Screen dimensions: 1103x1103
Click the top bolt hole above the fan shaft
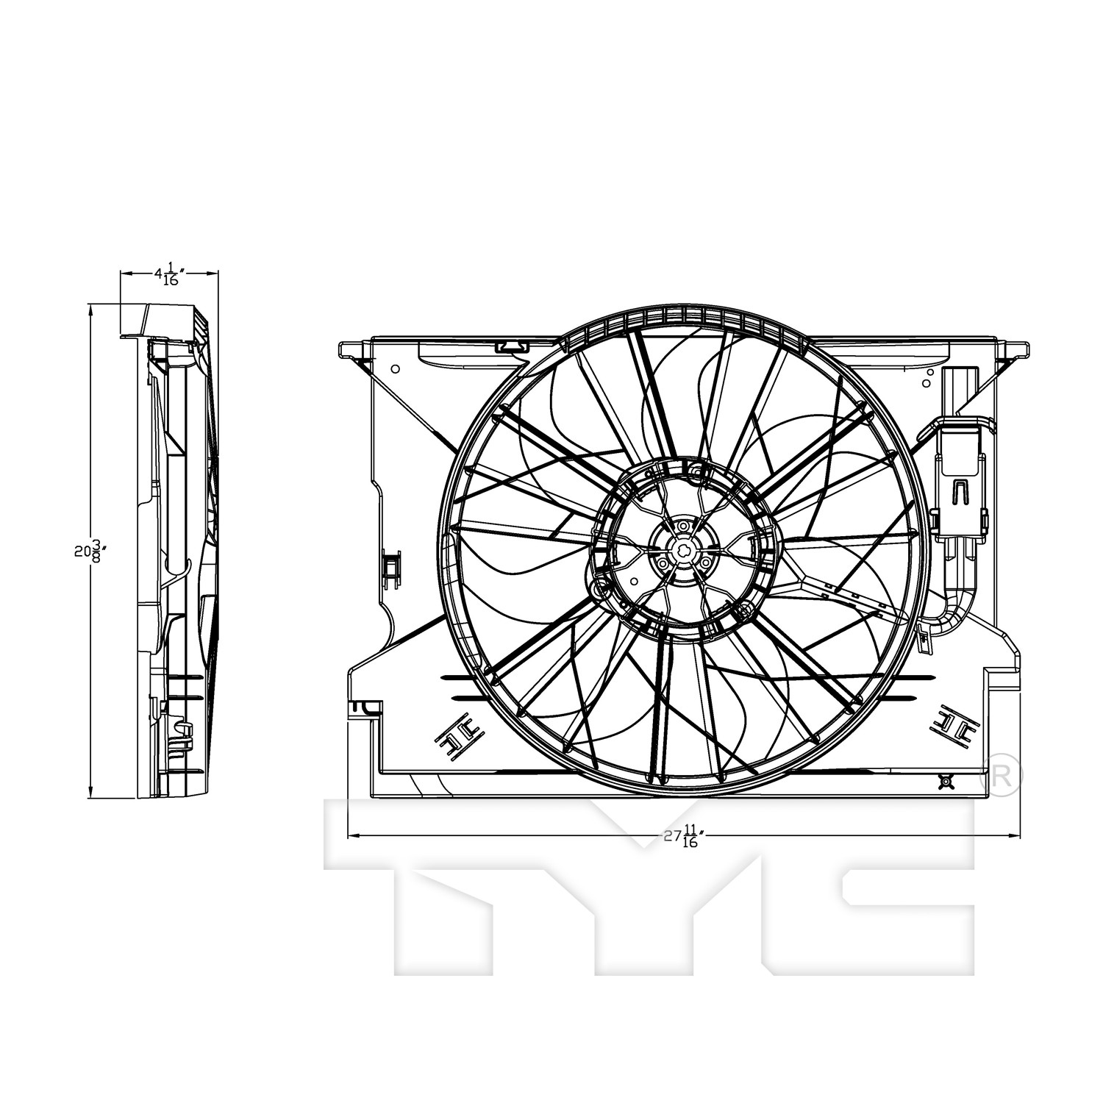684,526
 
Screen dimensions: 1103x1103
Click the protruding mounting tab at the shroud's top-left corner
354,349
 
